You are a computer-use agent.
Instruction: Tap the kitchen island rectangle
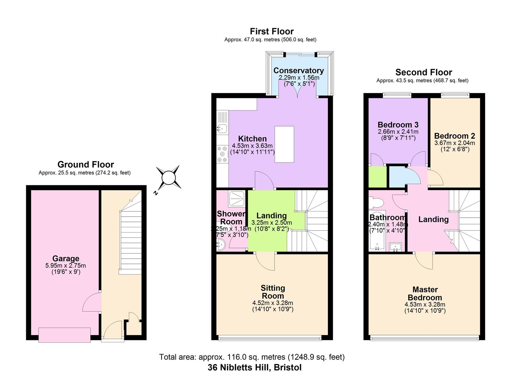click(284, 144)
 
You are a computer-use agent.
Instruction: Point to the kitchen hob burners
click(222, 154)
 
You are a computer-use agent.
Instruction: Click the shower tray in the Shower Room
click(237, 199)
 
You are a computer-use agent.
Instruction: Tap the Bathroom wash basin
click(396, 247)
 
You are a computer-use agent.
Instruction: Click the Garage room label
click(66, 258)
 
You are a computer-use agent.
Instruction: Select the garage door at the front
click(65, 335)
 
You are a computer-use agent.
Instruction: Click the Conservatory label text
click(299, 70)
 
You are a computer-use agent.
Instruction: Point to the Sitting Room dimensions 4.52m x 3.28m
click(273, 303)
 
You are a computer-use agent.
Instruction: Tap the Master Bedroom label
click(425, 293)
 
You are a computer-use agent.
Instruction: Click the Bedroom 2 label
click(455, 136)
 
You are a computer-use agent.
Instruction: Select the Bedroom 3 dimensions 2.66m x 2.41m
click(398, 132)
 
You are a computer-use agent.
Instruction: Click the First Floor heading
click(272, 31)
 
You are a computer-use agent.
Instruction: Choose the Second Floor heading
click(424, 72)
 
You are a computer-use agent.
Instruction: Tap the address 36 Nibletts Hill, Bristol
click(255, 368)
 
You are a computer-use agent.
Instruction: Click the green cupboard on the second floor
click(377, 177)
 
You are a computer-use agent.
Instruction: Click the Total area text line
click(252, 357)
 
